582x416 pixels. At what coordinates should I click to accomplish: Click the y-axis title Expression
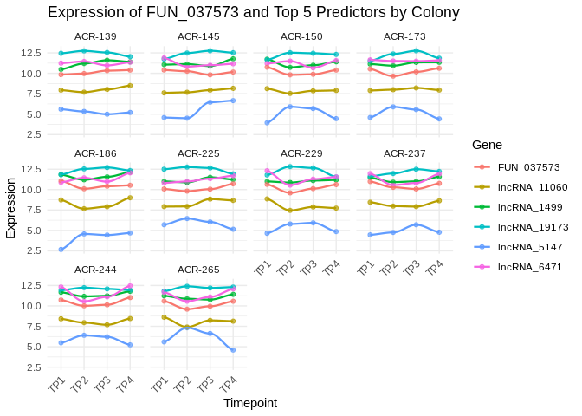coord(10,208)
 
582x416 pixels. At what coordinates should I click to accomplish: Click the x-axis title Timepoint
coord(250,403)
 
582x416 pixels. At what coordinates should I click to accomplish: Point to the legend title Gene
coord(487,145)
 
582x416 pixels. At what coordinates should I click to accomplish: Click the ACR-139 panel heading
coord(95,36)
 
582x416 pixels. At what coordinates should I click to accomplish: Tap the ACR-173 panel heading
coord(404,36)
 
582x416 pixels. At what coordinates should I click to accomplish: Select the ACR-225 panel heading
coord(198,153)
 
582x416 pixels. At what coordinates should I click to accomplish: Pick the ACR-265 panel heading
coord(198,270)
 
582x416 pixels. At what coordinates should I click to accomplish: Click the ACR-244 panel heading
coord(95,270)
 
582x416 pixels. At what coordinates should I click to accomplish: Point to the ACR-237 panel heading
coord(404,153)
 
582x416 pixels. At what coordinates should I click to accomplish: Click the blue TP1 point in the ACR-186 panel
coord(61,250)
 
